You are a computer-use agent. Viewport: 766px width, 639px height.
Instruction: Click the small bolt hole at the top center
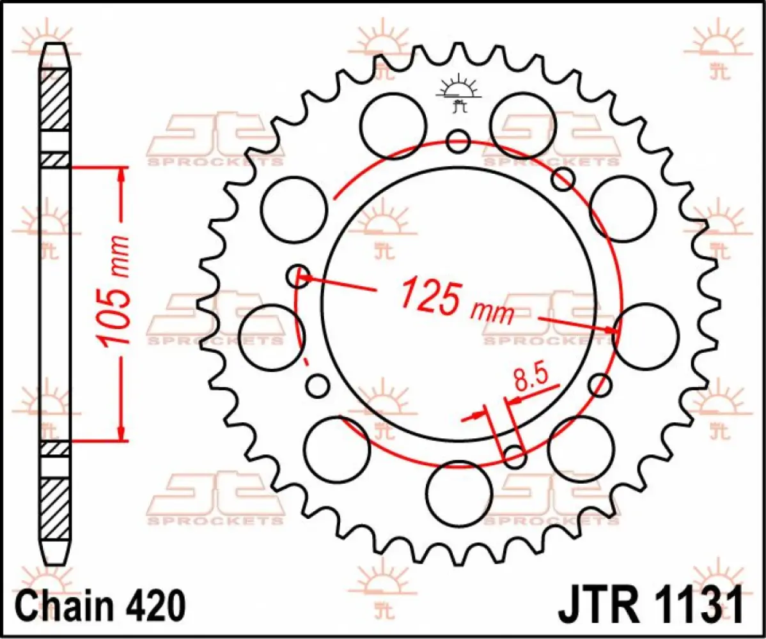point(458,141)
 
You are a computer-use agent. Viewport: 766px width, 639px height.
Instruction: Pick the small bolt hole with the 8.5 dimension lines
point(515,455)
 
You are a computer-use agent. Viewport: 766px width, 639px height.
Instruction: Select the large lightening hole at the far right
point(645,336)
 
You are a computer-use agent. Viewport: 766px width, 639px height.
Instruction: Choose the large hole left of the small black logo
point(393,123)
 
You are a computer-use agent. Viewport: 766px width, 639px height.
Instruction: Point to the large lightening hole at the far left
point(271,336)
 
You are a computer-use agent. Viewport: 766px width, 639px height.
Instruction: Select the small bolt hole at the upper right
point(563,180)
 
